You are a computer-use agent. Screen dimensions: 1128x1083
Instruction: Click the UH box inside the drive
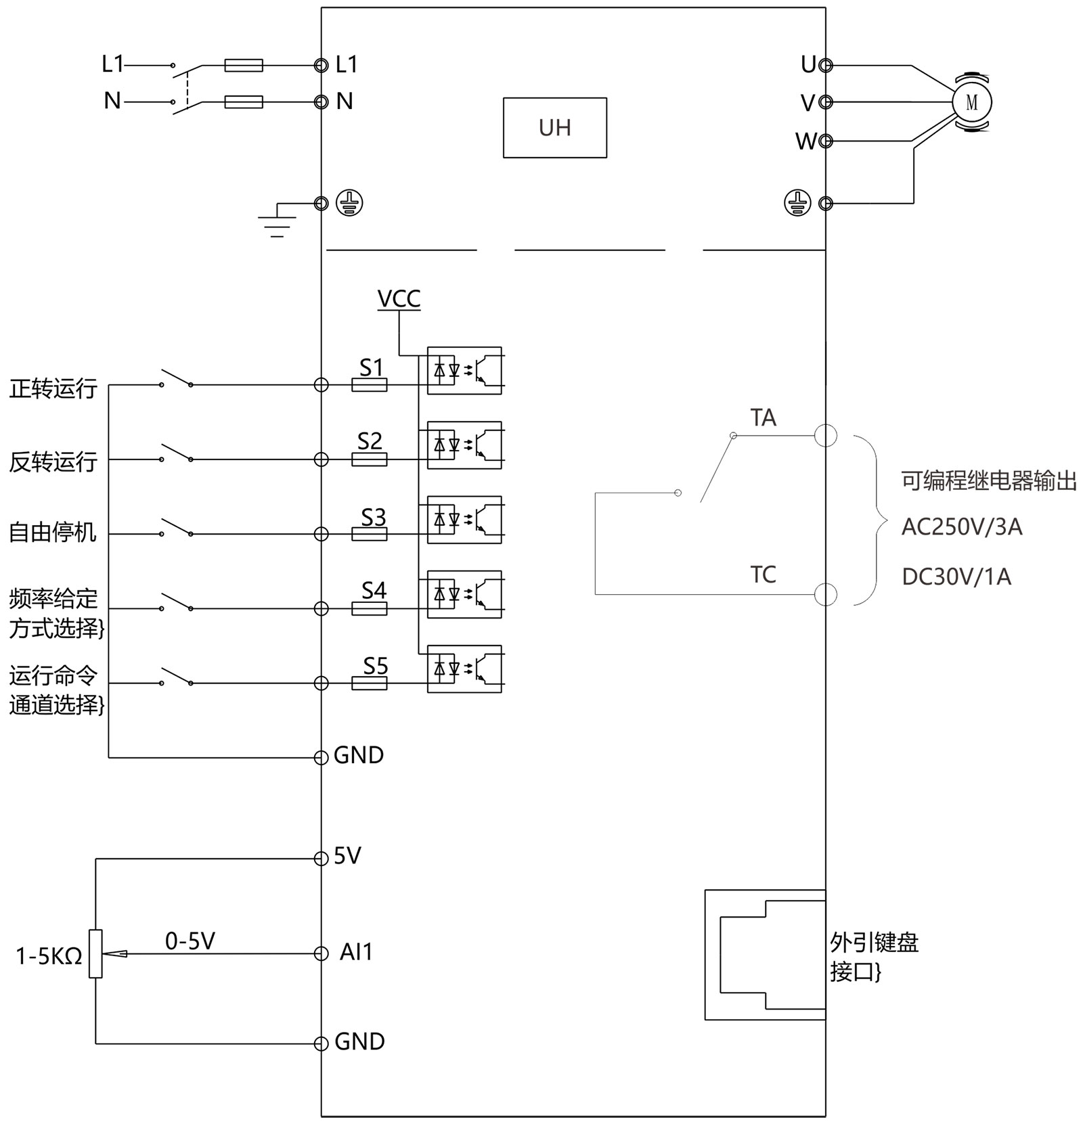click(x=554, y=128)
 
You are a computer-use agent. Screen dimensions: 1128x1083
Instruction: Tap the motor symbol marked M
click(x=972, y=102)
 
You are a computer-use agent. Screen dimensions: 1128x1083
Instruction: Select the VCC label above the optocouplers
click(x=399, y=299)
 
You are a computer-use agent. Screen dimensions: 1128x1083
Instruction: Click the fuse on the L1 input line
click(x=244, y=66)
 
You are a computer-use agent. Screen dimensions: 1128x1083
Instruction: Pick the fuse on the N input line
click(x=244, y=102)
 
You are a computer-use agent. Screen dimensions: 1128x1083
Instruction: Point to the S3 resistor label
click(x=373, y=518)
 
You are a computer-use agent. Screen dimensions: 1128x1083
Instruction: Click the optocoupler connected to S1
click(x=464, y=371)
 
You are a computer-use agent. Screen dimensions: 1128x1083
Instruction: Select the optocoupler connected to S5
click(x=464, y=669)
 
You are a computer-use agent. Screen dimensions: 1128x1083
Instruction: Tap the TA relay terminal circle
click(x=825, y=436)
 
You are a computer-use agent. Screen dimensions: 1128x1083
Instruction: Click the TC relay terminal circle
click(x=825, y=595)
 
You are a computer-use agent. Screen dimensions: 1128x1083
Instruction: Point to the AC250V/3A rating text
click(x=961, y=527)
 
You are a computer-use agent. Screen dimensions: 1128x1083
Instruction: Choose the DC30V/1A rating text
click(x=956, y=577)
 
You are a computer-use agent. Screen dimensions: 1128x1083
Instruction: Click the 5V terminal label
click(x=347, y=857)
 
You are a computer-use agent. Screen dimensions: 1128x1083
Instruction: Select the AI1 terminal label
click(x=356, y=953)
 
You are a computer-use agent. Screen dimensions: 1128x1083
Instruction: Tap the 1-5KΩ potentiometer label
click(x=49, y=956)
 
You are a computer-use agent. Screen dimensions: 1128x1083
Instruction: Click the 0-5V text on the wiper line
click(x=190, y=941)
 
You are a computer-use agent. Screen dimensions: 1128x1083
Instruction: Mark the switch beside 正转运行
click(x=176, y=380)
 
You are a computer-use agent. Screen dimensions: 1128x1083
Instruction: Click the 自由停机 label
click(x=53, y=533)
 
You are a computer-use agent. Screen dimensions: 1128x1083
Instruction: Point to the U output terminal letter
click(x=808, y=65)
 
